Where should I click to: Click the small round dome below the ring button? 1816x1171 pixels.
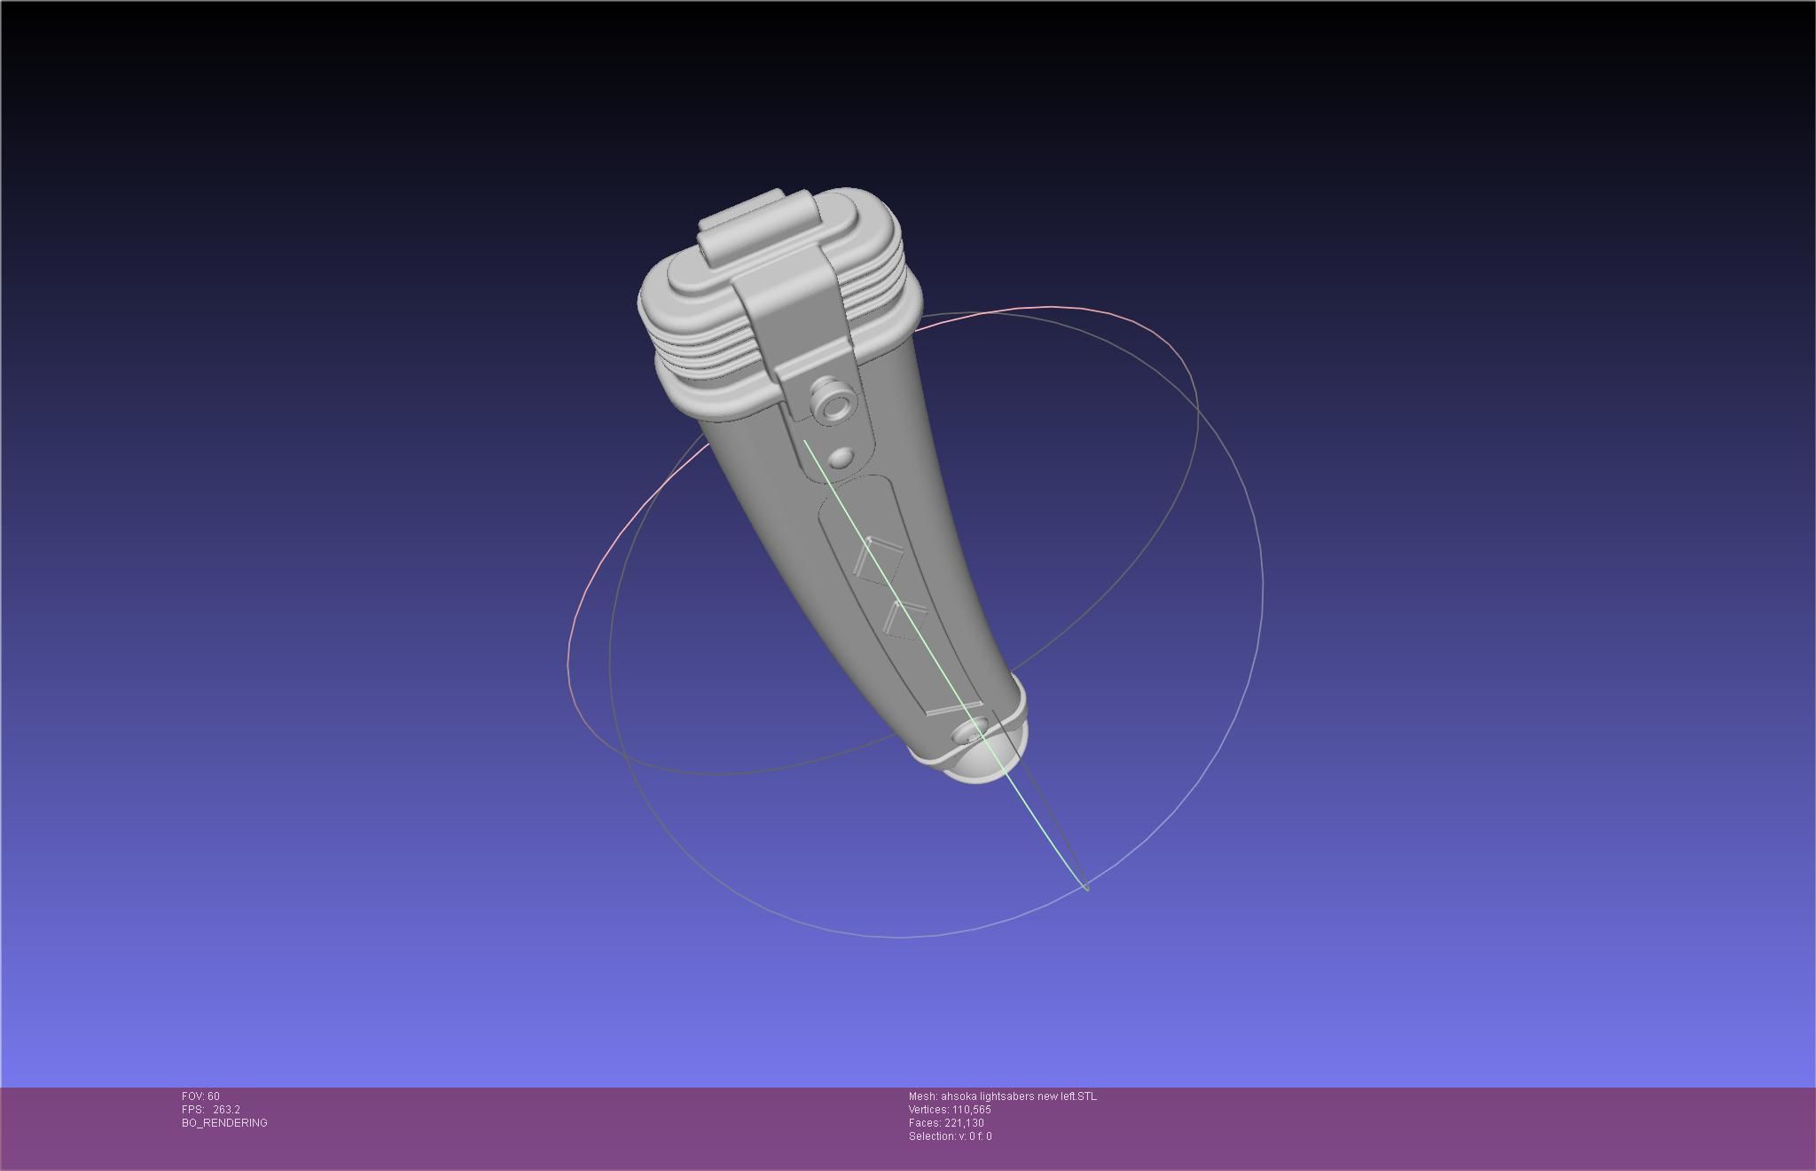[841, 458]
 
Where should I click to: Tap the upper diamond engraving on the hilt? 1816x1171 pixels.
[878, 561]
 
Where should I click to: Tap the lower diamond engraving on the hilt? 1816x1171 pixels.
[905, 618]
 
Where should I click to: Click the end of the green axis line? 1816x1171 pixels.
[1087, 887]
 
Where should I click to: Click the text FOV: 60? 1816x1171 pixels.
[200, 1096]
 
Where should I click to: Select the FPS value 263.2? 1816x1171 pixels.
[226, 1110]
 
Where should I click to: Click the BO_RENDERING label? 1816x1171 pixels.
[224, 1123]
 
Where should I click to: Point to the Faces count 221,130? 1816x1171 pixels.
[961, 1123]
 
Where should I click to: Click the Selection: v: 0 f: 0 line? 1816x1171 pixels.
[950, 1136]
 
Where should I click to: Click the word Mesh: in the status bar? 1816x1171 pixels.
[922, 1096]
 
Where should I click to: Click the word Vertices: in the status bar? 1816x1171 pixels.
[928, 1110]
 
